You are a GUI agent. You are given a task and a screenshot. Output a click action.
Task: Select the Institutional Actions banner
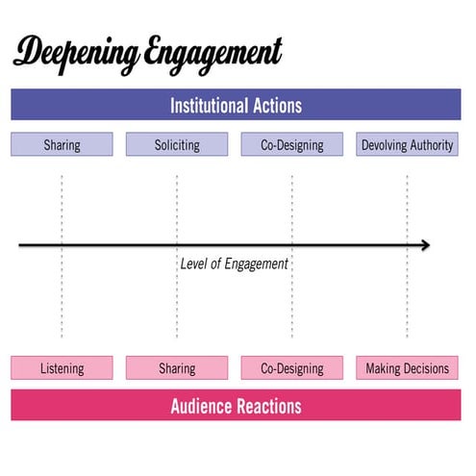click(236, 105)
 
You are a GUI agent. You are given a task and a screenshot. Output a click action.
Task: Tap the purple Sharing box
click(62, 145)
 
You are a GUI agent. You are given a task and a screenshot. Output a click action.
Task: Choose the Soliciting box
click(177, 145)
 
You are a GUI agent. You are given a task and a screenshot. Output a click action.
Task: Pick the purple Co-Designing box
click(292, 145)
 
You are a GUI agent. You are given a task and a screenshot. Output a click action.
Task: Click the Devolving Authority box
click(407, 145)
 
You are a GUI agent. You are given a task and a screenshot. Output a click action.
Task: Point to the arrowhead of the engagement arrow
click(425, 245)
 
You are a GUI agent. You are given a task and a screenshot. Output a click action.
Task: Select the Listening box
click(62, 368)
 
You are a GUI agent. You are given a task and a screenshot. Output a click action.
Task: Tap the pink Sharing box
click(177, 368)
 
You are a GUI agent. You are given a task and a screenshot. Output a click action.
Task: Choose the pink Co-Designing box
click(292, 368)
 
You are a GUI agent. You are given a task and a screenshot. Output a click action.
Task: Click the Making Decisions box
click(407, 368)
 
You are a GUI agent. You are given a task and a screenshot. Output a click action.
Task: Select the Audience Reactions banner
click(236, 406)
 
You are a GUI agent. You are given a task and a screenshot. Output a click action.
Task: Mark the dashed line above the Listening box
click(62, 298)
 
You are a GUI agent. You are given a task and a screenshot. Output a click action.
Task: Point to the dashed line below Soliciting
click(177, 202)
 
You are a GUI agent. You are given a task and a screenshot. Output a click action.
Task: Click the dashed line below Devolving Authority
click(407, 202)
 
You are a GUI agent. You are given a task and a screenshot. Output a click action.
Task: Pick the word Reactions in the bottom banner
click(268, 406)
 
